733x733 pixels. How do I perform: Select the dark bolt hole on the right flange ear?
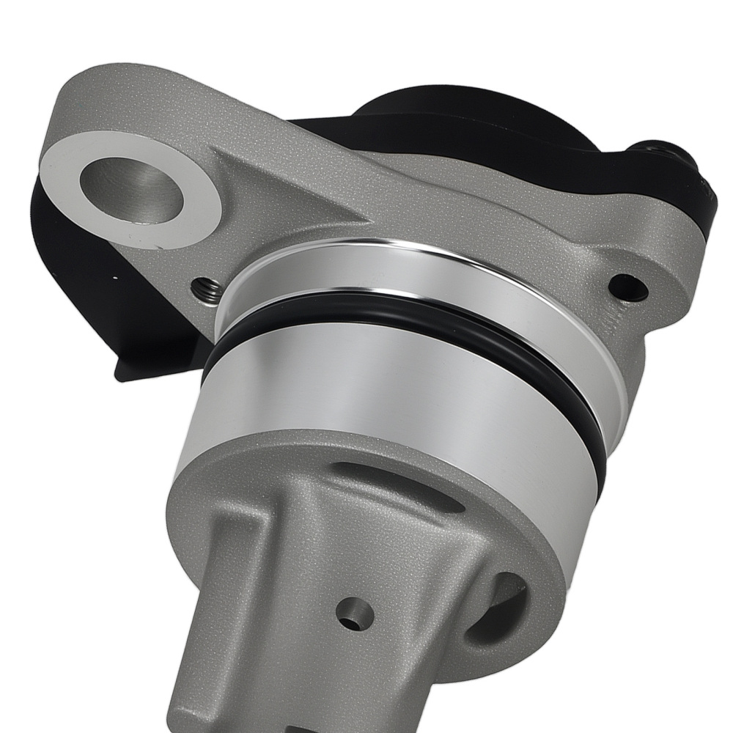[628, 288]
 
